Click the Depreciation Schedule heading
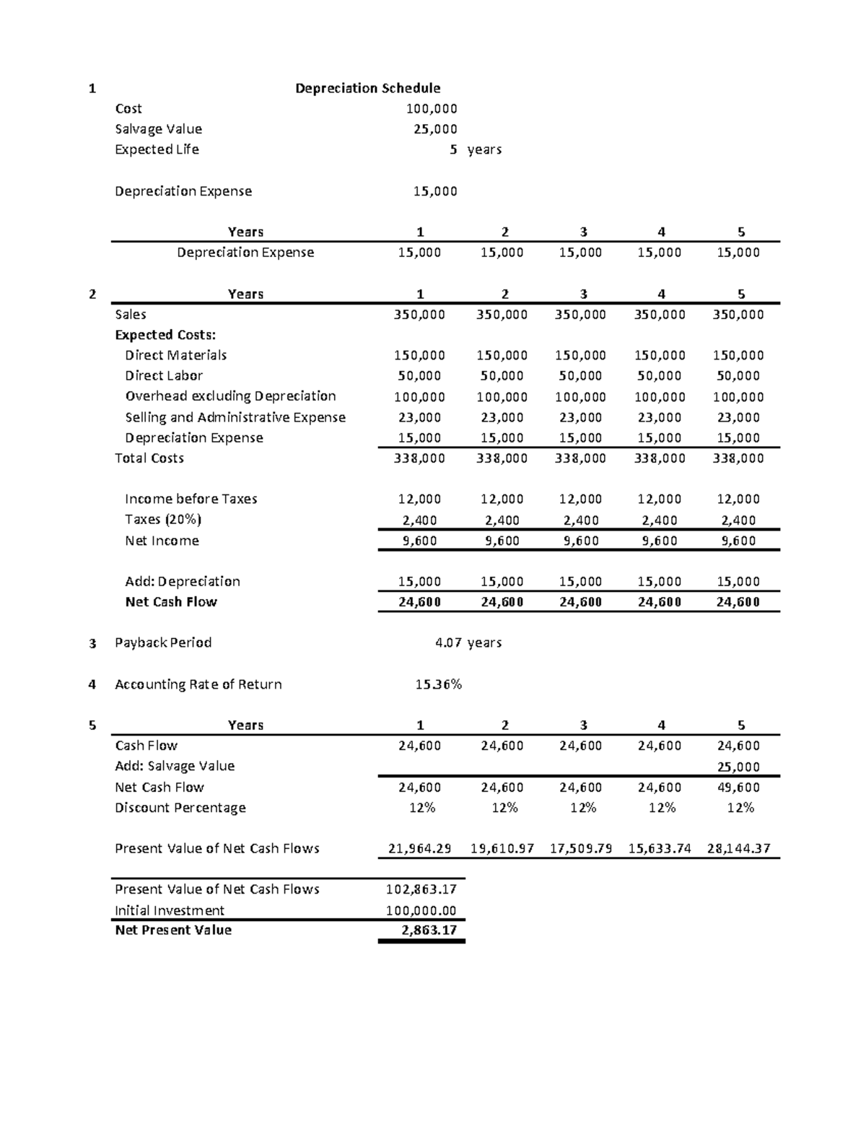click(367, 88)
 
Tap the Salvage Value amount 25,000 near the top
click(435, 129)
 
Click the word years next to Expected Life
click(484, 150)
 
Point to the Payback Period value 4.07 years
click(468, 642)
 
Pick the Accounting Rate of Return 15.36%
click(438, 684)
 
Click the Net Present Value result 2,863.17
click(429, 930)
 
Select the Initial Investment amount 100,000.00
click(421, 910)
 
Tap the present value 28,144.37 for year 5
click(738, 849)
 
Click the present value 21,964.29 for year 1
click(419, 849)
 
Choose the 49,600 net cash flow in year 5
click(738, 788)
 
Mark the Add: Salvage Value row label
click(175, 766)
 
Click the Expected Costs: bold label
click(165, 335)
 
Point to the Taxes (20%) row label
click(163, 520)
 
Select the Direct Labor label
click(164, 376)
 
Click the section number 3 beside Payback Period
click(92, 643)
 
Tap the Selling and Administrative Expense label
click(235, 417)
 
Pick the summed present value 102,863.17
click(421, 889)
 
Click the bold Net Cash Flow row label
click(171, 602)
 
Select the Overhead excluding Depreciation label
click(230, 396)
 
